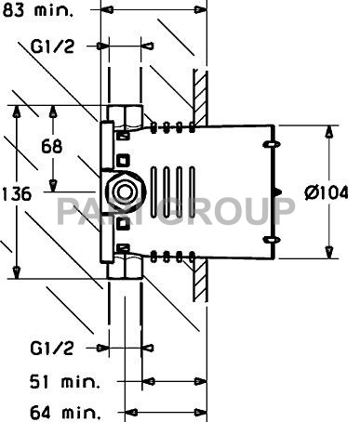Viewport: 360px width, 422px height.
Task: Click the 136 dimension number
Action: [x=19, y=194]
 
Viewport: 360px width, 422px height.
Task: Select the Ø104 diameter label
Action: [x=327, y=193]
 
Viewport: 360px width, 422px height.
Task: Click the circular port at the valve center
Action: [x=123, y=193]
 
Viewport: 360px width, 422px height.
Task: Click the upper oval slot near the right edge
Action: [x=271, y=145]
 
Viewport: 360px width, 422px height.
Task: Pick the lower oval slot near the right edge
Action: [x=271, y=241]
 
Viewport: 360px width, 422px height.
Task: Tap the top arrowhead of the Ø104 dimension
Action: [x=328, y=132]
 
